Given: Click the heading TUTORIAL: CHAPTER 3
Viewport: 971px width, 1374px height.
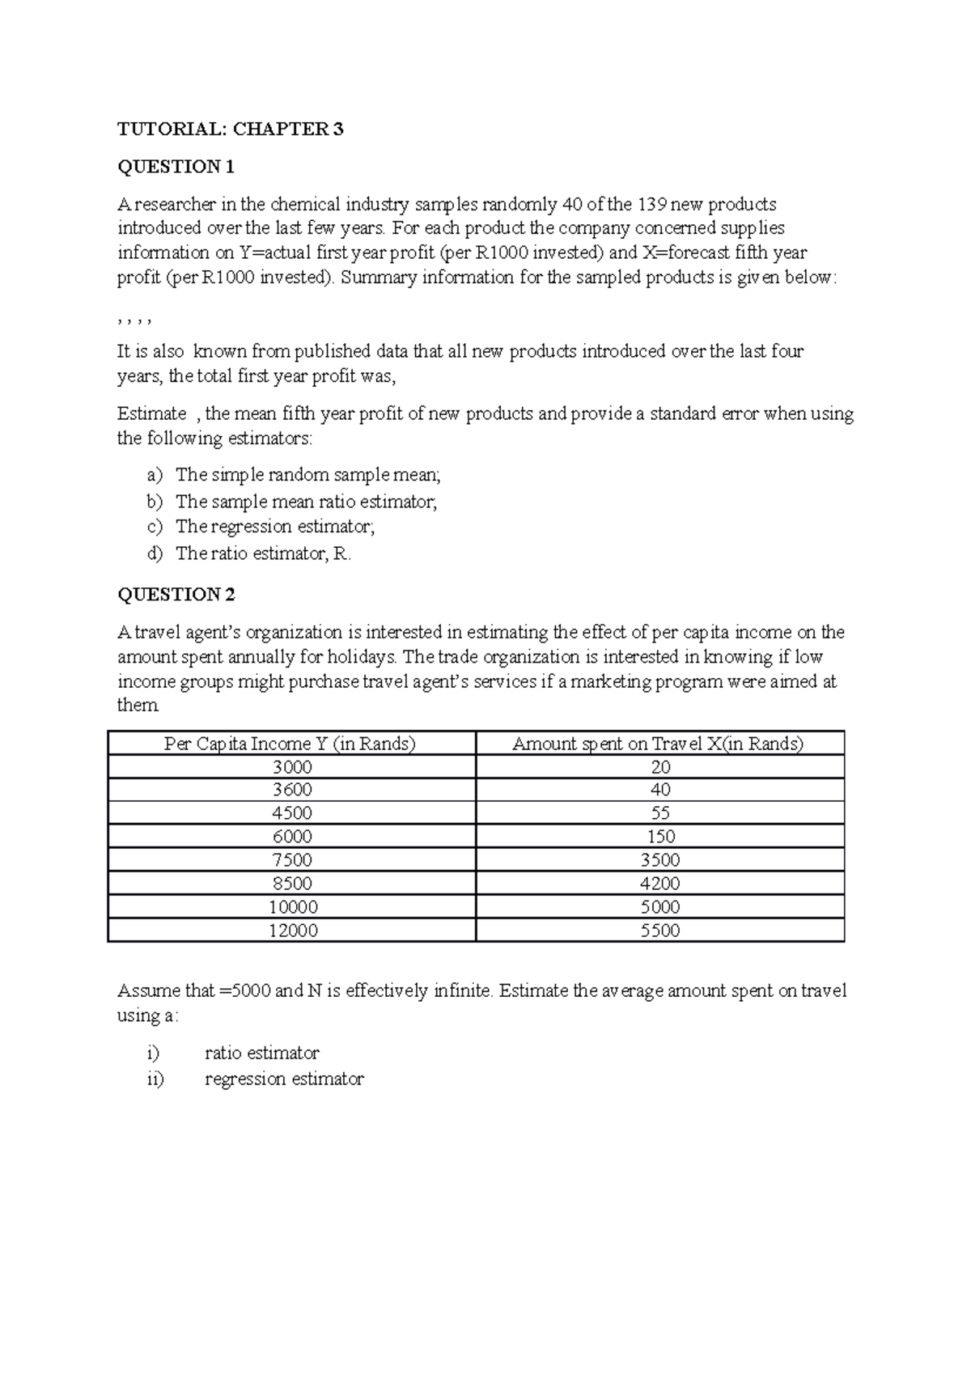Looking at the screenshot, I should click(231, 129).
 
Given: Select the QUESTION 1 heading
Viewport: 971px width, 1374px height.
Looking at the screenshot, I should click(176, 167).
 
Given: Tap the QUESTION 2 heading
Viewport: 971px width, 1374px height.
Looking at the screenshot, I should click(176, 595).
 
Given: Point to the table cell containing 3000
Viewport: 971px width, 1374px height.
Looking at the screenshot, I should click(291, 767).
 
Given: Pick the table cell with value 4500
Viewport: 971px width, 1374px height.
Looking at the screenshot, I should click(291, 813).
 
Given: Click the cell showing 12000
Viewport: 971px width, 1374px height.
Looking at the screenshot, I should click(292, 931).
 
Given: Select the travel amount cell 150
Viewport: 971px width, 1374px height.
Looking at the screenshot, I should click(660, 837).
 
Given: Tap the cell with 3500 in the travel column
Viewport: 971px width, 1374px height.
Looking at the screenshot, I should click(660, 860).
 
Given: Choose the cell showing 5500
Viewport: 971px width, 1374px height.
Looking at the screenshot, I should click(660, 931).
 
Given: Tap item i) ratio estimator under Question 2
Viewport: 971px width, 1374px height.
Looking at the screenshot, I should click(261, 1053).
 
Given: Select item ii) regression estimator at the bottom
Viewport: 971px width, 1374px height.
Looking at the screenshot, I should click(284, 1079).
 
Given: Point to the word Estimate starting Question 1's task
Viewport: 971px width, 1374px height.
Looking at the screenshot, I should click(152, 414).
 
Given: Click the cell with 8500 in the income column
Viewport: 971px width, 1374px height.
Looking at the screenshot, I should click(291, 884).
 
